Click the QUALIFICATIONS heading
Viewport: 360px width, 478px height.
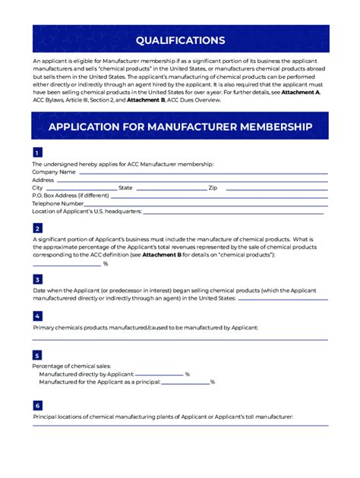click(180, 40)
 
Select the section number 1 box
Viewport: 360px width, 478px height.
click(37, 153)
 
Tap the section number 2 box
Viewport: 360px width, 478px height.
click(37, 228)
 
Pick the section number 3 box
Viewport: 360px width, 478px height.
click(37, 279)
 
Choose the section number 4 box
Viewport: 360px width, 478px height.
click(37, 316)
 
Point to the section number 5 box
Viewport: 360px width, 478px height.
click(37, 355)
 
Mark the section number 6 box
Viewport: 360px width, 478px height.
click(37, 406)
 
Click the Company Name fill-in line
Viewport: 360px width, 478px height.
click(203, 174)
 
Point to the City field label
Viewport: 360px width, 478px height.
click(37, 187)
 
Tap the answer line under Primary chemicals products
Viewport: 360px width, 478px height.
click(180, 339)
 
